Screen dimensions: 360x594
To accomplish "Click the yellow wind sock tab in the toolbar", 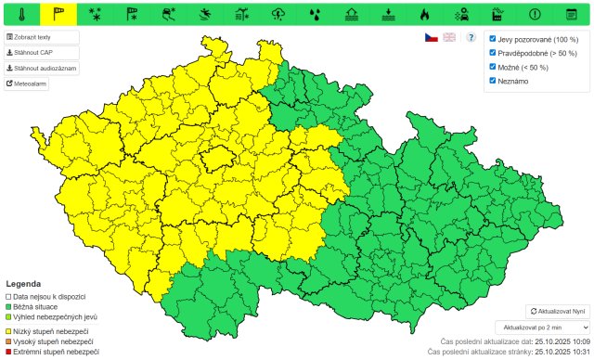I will pyautogui.click(x=58, y=14).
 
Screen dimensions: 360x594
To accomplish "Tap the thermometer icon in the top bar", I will pyautogui.click(x=20, y=14).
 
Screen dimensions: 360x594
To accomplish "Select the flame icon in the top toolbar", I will pyautogui.click(x=424, y=14).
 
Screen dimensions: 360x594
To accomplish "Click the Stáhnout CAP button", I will pyautogui.click(x=29, y=52).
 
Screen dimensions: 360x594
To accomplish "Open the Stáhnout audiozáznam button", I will pyautogui.click(x=42, y=68).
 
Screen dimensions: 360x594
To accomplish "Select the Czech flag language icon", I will pyautogui.click(x=431, y=37).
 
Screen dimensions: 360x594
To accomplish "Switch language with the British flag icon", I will pyautogui.click(x=449, y=37).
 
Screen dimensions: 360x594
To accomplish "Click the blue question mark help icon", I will pyautogui.click(x=471, y=37).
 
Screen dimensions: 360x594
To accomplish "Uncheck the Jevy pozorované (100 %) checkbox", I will pyautogui.click(x=493, y=39).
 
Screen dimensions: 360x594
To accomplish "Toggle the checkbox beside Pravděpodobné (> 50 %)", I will pyautogui.click(x=493, y=53).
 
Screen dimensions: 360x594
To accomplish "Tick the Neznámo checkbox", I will pyautogui.click(x=493, y=81).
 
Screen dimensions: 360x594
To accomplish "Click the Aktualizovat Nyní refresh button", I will pyautogui.click(x=557, y=311).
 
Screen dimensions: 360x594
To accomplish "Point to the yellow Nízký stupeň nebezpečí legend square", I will pyautogui.click(x=8, y=331).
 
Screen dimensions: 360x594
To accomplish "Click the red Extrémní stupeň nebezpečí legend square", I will pyautogui.click(x=8, y=352).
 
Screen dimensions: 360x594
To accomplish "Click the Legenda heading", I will pyautogui.click(x=23, y=283).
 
